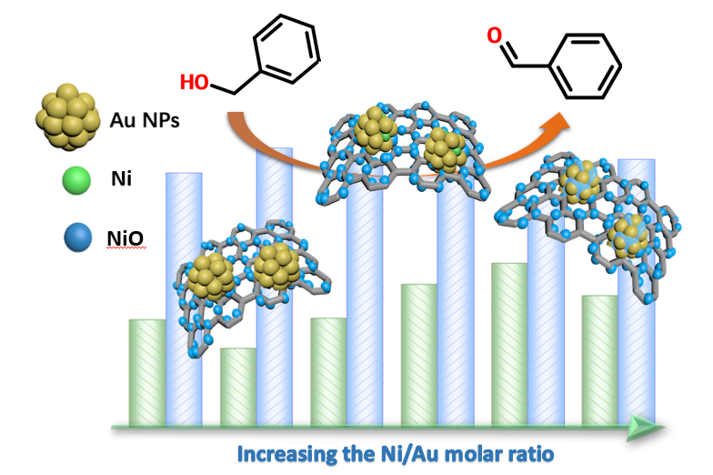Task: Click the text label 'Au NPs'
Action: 144,119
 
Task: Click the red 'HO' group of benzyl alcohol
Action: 193,83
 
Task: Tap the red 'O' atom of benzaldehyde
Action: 494,36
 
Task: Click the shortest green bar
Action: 238,387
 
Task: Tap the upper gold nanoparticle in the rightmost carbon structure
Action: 583,179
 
